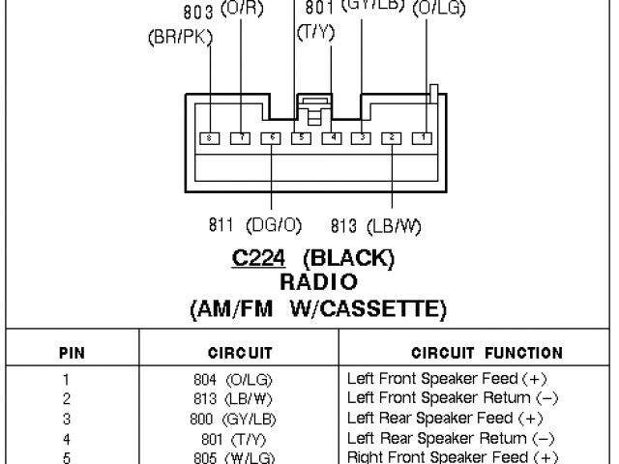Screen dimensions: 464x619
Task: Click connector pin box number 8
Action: [211, 138]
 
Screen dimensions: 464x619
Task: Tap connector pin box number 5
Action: [302, 138]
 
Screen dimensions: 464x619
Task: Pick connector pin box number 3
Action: [361, 138]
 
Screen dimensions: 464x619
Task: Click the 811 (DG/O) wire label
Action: [255, 225]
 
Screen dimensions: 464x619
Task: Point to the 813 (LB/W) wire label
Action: [376, 226]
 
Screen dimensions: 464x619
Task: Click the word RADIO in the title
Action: [319, 283]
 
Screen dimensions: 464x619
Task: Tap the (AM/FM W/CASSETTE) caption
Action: [319, 308]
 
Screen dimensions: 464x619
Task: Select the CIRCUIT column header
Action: [240, 353]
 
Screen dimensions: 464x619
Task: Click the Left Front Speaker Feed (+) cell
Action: [444, 380]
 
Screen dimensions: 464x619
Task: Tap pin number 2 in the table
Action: [67, 398]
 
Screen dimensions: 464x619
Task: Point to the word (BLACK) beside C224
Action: [349, 259]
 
